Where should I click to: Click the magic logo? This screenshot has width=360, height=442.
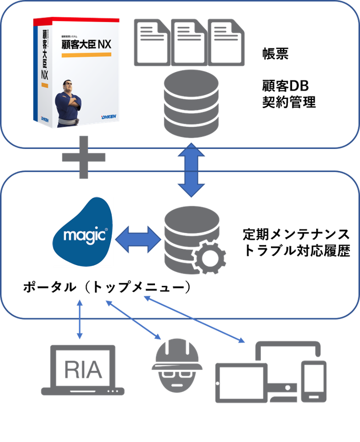[82, 232]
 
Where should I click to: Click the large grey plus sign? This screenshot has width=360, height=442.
[83, 157]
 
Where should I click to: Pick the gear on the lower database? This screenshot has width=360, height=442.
[210, 258]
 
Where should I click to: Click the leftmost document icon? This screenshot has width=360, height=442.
[153, 42]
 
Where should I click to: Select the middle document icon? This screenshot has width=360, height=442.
[189, 42]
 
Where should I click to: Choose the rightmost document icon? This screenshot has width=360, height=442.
[226, 42]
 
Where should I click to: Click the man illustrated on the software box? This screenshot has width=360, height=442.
[69, 100]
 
